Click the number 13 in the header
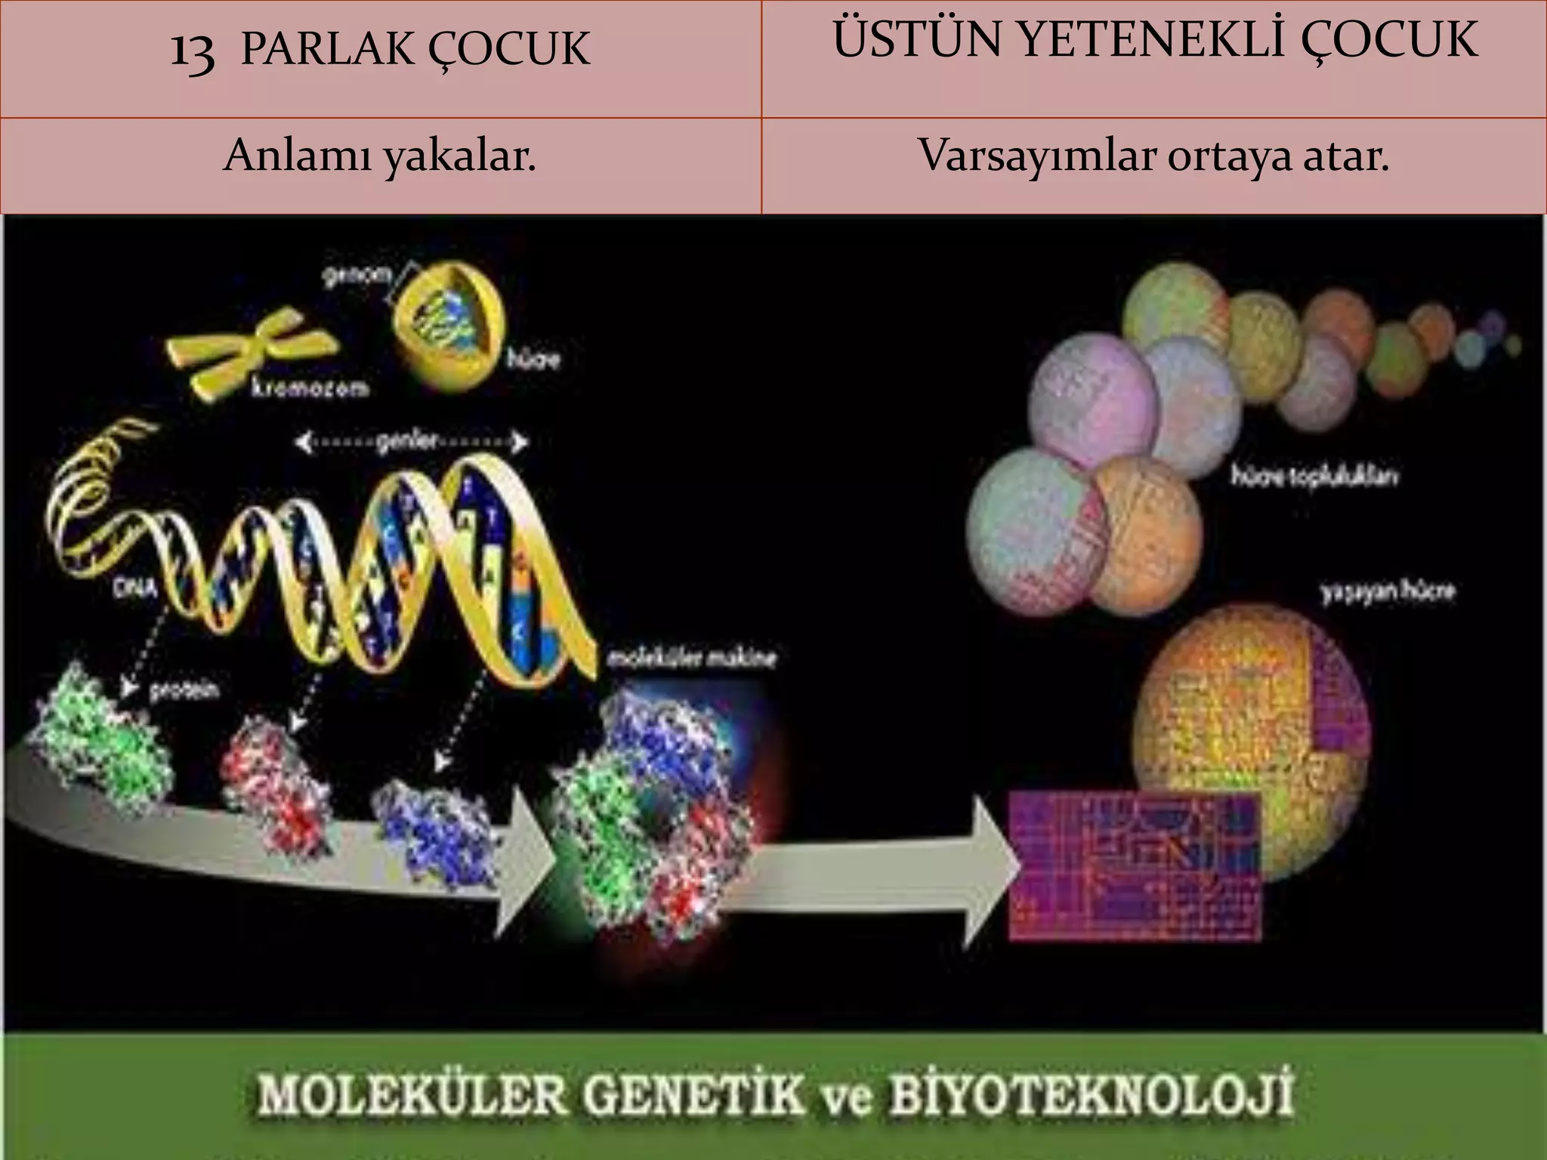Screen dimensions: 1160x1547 193,51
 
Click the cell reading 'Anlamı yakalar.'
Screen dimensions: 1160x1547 380,157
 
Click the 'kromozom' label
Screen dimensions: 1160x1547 310,389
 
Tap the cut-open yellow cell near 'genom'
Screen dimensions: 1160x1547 450,322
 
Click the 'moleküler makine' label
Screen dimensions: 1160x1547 692,659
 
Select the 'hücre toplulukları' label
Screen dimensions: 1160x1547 1314,477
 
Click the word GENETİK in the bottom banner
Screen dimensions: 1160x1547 694,1096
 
